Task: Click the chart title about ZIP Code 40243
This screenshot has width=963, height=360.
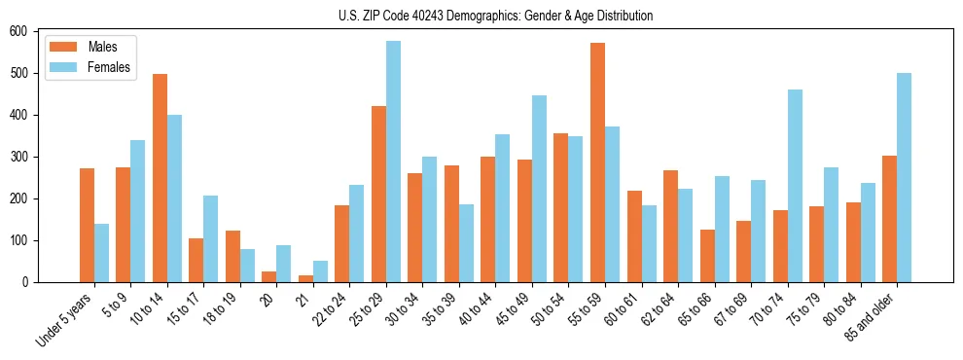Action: click(x=481, y=16)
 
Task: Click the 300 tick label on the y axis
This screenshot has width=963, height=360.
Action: click(x=18, y=157)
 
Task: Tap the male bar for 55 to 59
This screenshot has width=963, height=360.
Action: click(x=598, y=162)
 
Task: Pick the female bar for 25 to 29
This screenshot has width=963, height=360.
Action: click(x=393, y=162)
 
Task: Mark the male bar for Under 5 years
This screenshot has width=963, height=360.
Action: click(x=87, y=225)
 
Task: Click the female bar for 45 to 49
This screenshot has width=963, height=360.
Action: click(x=539, y=189)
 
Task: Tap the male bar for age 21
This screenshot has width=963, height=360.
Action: click(x=305, y=278)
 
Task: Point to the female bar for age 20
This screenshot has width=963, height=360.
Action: click(x=284, y=264)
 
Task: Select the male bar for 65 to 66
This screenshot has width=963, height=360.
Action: click(x=707, y=256)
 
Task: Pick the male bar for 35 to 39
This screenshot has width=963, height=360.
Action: click(x=451, y=230)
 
